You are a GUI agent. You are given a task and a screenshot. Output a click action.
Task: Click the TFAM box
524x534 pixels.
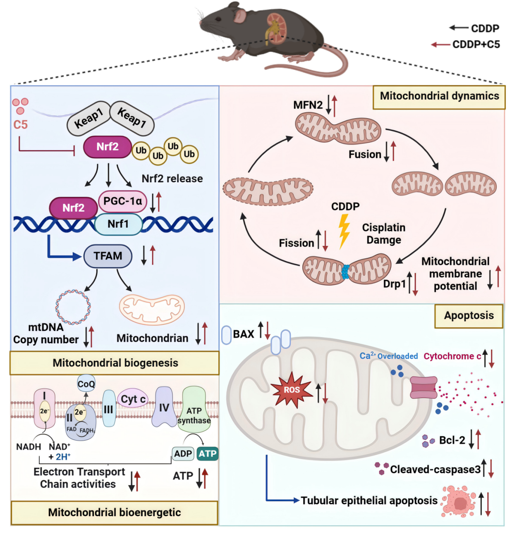pos(108,256)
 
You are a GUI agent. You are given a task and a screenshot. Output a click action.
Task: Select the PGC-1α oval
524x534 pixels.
pos(122,201)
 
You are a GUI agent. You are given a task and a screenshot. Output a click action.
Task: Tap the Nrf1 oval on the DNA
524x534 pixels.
pos(118,224)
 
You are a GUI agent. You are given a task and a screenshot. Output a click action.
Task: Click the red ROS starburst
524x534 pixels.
pos(292,390)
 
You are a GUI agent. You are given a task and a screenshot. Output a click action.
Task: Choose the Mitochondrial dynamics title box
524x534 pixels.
pos(439,97)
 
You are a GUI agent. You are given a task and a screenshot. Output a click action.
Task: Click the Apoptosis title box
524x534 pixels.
pos(469,316)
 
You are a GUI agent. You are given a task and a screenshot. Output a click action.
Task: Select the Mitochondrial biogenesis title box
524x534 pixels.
pos(115,363)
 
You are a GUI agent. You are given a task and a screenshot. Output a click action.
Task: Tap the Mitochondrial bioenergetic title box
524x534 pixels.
pos(114,513)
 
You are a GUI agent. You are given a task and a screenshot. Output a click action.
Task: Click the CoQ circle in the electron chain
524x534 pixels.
pos(86,384)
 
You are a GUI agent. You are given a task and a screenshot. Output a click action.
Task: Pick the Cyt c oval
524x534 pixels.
pos(133,399)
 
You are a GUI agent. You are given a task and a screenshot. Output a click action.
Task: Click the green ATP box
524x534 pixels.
pos(207,453)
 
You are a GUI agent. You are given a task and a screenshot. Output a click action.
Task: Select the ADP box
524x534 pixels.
pos(183,453)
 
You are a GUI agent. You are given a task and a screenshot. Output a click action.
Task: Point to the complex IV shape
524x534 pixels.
pos(164,407)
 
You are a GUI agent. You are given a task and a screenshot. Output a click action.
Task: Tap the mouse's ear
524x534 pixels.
pos(239,16)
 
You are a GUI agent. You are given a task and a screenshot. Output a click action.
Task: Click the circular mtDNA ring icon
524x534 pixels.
pos(73,307)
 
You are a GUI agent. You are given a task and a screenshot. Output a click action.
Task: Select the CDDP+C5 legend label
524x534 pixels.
pos(476,44)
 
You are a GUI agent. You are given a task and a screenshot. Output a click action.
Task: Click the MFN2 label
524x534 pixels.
pos(308,105)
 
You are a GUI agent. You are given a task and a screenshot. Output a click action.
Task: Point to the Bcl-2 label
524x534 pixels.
pos(452,440)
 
